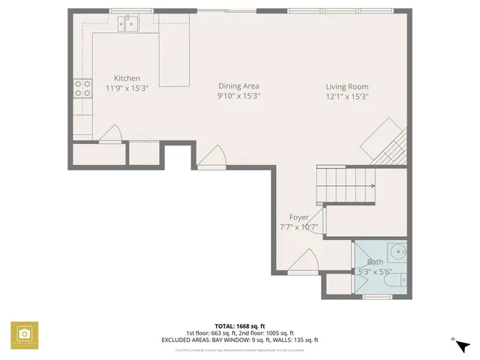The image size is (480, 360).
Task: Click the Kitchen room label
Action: pyautogui.click(x=127, y=79)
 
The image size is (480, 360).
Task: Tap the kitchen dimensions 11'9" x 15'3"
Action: pyautogui.click(x=127, y=88)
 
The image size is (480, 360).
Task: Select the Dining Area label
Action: pyautogui.click(x=239, y=86)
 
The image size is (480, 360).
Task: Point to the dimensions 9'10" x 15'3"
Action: pyautogui.click(x=239, y=96)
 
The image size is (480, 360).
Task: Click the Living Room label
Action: pyautogui.click(x=346, y=86)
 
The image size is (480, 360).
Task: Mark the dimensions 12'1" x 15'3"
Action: pyautogui.click(x=346, y=96)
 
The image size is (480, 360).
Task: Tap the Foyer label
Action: pyautogui.click(x=298, y=217)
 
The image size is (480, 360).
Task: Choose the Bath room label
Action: pyautogui.click(x=374, y=262)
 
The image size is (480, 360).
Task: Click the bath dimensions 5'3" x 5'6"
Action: pyautogui.click(x=374, y=271)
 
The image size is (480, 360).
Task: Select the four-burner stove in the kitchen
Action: pyautogui.click(x=82, y=89)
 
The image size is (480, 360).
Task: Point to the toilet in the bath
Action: pyautogui.click(x=402, y=280)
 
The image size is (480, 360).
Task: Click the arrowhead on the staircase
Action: pyautogui.click(x=371, y=185)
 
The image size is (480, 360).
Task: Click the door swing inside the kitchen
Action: pyautogui.click(x=110, y=133)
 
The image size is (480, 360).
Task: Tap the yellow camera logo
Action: pyautogui.click(x=24, y=334)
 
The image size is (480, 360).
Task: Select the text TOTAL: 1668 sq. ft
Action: pyautogui.click(x=240, y=326)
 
